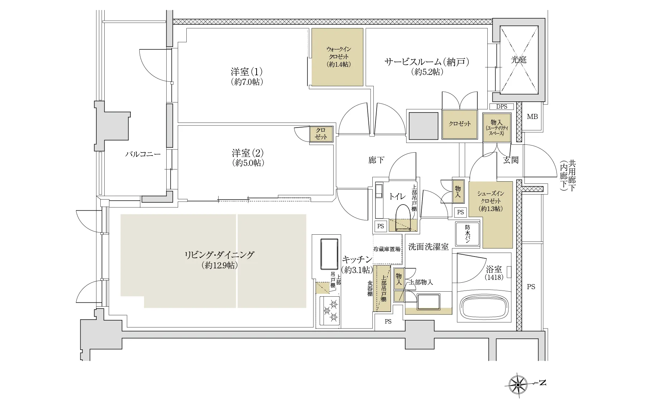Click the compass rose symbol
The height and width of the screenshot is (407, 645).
tap(518, 385)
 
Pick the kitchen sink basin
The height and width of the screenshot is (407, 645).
tap(329, 254)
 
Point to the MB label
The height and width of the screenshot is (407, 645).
tap(532, 117)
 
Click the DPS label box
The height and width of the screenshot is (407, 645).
tap(502, 107)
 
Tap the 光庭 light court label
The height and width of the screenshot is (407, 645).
tap(519, 60)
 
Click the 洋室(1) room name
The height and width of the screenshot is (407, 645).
tap(247, 72)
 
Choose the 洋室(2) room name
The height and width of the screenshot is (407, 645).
tap(248, 153)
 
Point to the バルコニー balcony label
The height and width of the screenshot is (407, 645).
tap(143, 154)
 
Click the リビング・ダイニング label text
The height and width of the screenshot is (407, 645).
tap(219, 255)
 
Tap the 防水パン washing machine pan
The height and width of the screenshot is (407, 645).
tap(467, 234)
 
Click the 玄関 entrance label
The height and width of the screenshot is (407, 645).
tap(511, 160)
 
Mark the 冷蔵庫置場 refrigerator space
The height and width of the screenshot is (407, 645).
tap(387, 249)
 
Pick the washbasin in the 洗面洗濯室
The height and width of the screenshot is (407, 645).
tap(428, 302)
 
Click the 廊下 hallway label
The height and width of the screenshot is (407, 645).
tap(376, 160)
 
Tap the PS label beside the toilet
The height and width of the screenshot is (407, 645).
tap(381, 226)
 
